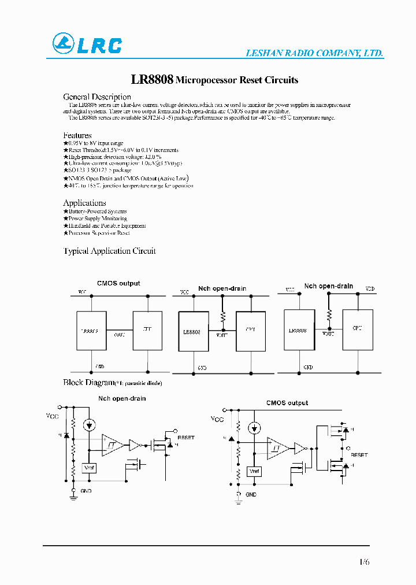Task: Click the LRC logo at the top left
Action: pos(87,45)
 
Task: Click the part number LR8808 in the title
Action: pos(153,80)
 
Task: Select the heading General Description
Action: pos(96,97)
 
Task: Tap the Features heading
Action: pos(77,135)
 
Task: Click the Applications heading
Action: pos(84,203)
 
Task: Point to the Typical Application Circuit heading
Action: pos(109,251)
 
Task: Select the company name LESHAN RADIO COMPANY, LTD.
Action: pos(315,53)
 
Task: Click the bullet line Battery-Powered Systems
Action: pos(96,212)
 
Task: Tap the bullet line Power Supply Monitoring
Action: pos(95,219)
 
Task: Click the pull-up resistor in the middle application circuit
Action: pos(222,317)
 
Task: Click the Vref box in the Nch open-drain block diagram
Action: pos(89,467)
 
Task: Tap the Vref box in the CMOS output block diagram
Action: pos(254,471)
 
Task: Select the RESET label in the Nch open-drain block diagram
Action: pos(186,438)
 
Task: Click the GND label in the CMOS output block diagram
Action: pos(251,495)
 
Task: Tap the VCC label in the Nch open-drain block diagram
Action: pos(53,415)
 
